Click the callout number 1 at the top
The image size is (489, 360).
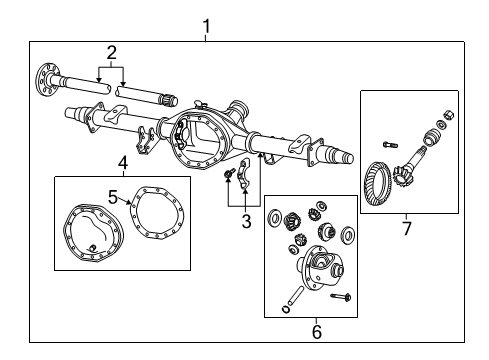tap(206, 24)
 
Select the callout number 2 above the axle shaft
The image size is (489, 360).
tap(112, 52)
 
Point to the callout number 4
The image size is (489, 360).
tap(122, 162)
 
